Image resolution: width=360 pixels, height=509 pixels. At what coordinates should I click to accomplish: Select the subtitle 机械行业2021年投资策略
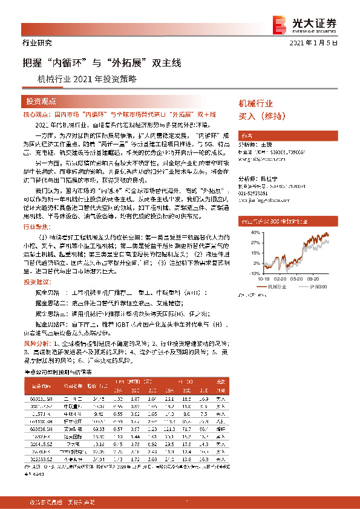point(87,79)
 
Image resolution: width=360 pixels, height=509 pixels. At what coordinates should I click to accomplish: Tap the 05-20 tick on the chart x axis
point(294,279)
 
